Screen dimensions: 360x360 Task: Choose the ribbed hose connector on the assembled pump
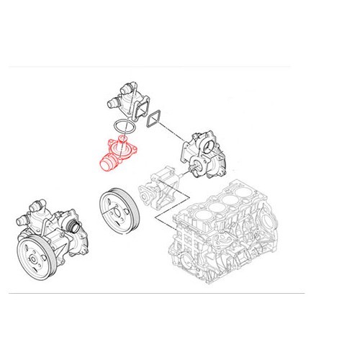tap(72, 228)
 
